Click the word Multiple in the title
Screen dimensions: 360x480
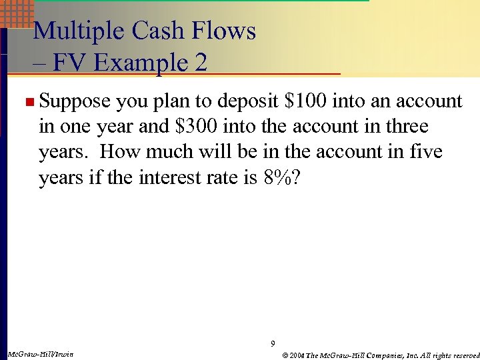coord(77,31)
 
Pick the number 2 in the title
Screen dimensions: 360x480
coord(199,63)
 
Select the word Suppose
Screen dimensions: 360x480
coord(74,101)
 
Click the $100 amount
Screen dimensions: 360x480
coord(305,101)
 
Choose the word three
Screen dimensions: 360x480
coord(402,127)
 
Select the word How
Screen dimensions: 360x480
coord(121,152)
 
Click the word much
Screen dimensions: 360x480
coord(169,152)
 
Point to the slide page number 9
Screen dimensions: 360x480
coord(272,344)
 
